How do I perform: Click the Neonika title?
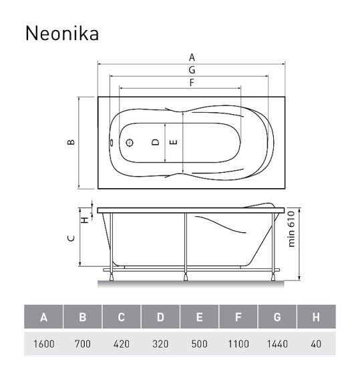point(61,33)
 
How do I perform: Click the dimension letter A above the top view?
point(192,58)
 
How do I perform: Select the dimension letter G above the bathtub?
point(192,70)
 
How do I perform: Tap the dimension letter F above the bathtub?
point(192,83)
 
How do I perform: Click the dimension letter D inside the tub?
point(156,142)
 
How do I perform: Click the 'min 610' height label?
point(292,234)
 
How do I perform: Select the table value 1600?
point(43,344)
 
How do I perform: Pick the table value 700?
point(82,344)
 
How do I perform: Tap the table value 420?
point(121,344)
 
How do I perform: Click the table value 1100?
point(238,344)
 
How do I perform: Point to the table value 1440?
point(277,344)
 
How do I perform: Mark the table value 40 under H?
point(316,344)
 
